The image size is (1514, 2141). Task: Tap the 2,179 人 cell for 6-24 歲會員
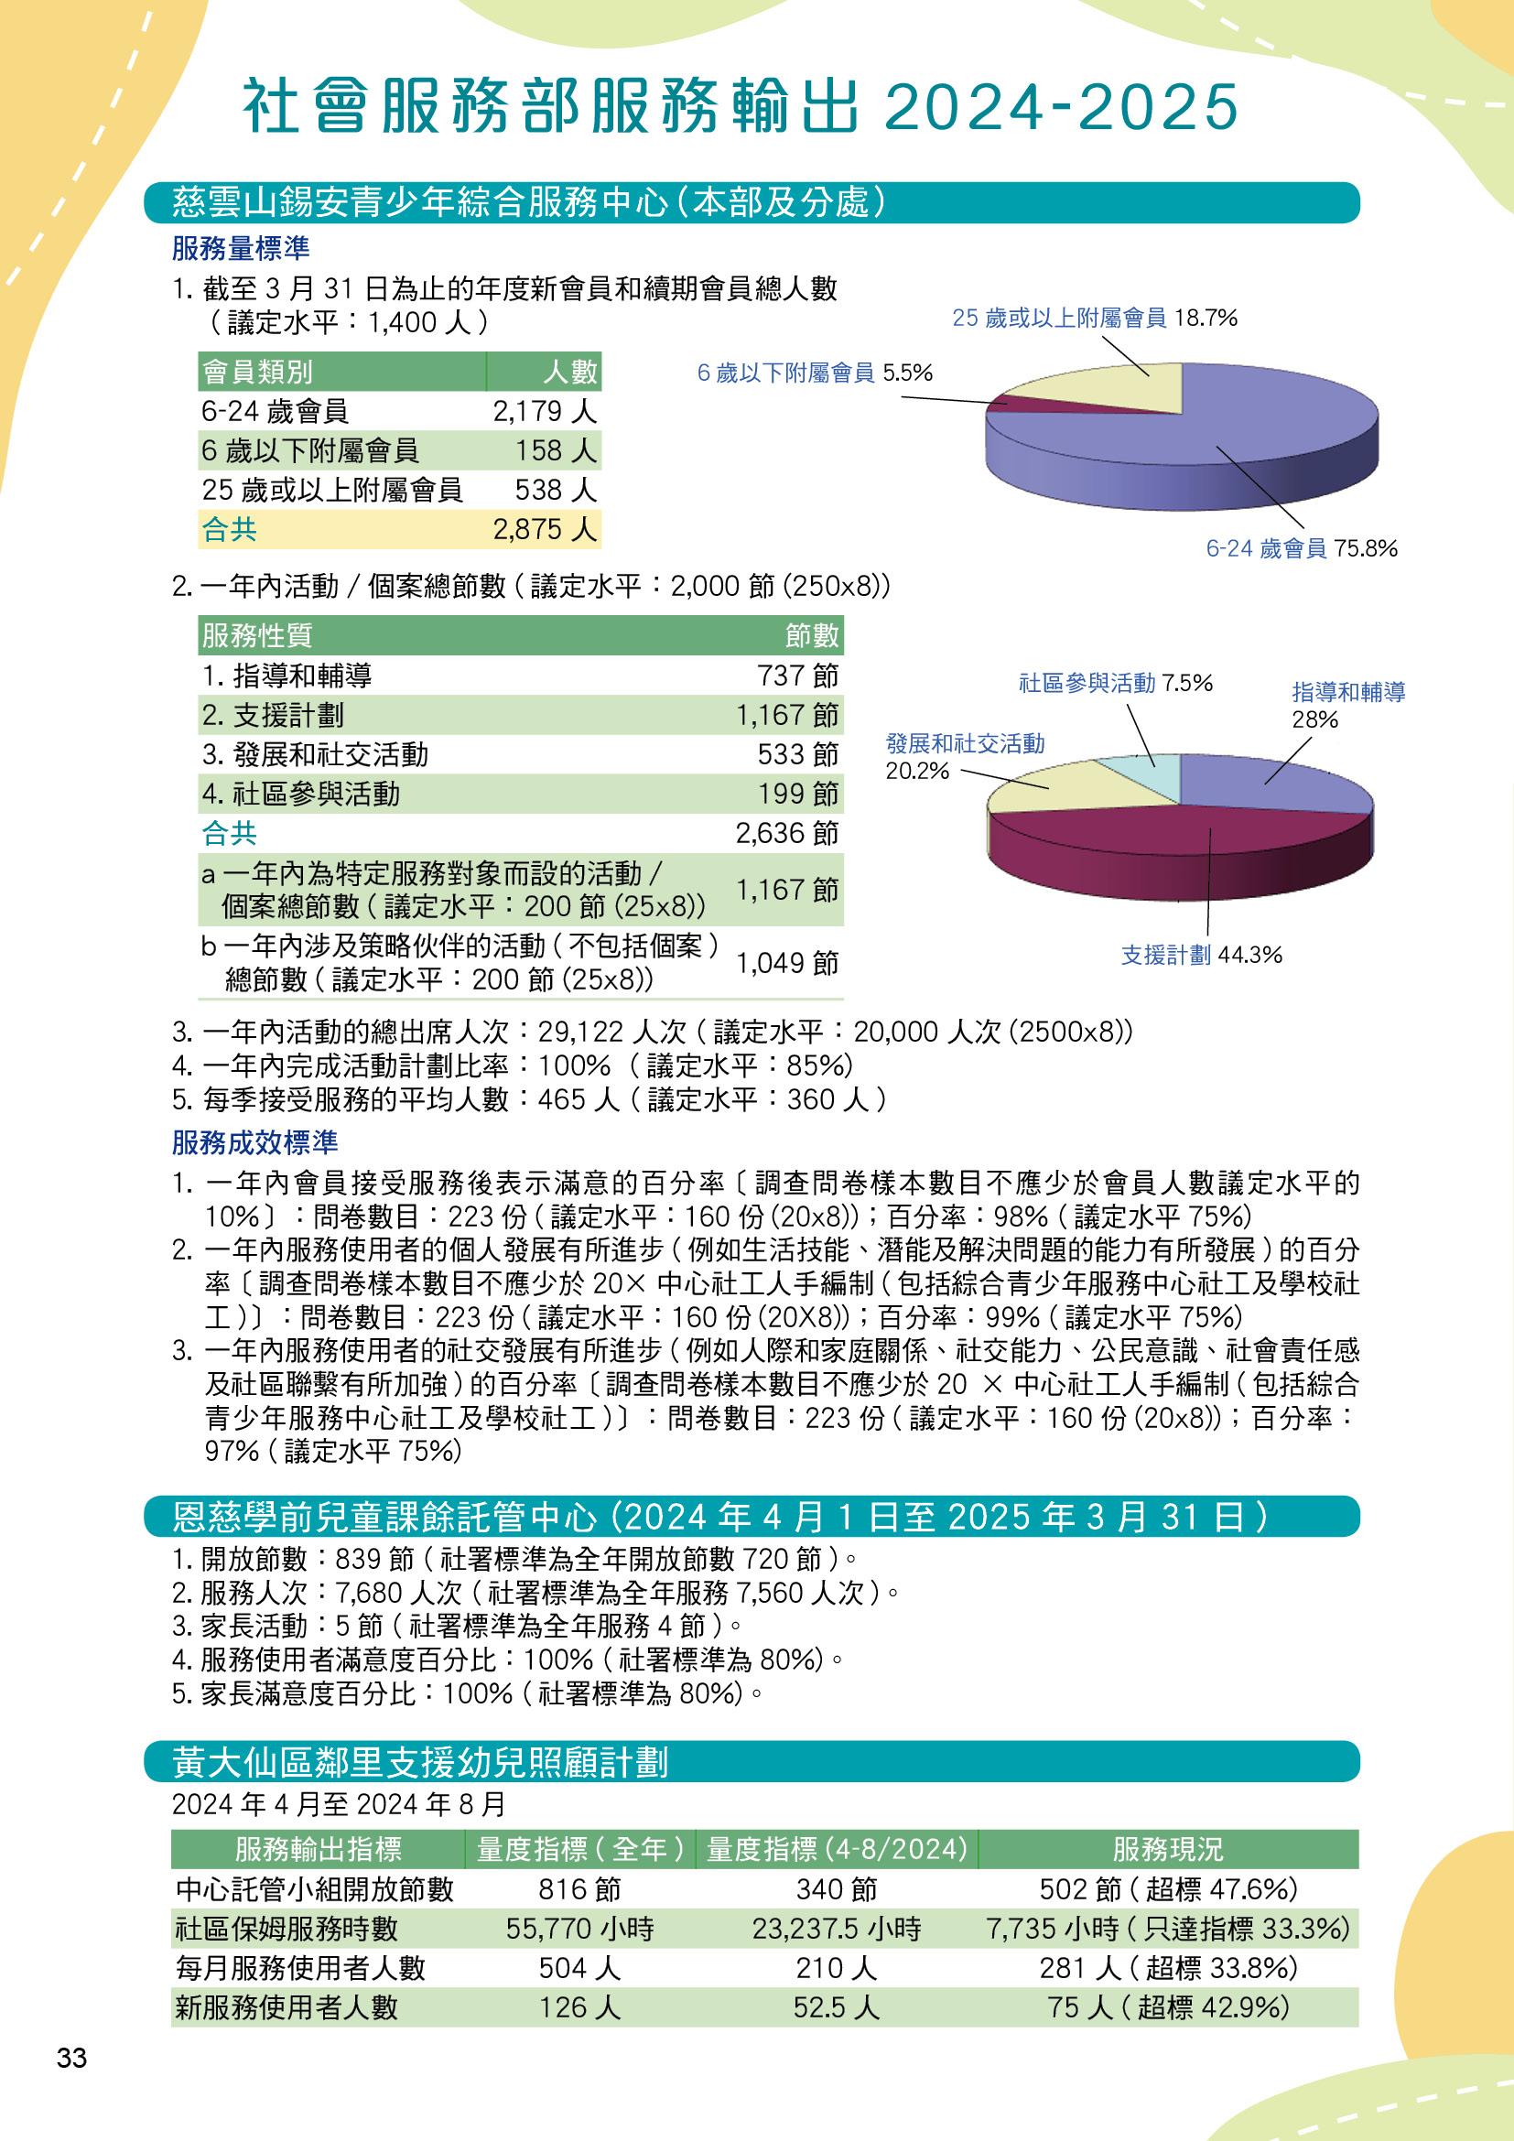point(545,411)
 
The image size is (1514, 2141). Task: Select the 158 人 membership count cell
point(556,451)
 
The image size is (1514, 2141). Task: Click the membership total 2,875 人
point(545,530)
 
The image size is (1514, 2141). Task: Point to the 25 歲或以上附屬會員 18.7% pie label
point(1095,319)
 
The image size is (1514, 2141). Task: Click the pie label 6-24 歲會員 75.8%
point(1302,548)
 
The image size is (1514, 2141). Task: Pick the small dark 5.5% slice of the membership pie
point(1005,402)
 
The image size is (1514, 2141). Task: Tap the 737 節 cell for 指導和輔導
point(798,676)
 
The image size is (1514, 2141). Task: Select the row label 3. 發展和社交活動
point(315,754)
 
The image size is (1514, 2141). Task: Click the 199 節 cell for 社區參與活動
point(798,794)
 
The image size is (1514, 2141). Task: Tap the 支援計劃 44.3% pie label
point(1202,955)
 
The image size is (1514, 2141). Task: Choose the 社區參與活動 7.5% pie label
point(1115,684)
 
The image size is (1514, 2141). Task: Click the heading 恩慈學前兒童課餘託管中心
point(384,1518)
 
